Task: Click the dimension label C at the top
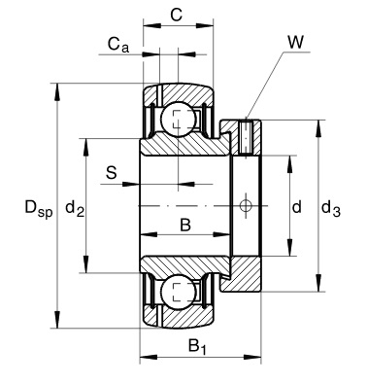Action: (176, 15)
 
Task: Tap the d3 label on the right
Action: (330, 206)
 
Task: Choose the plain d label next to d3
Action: (296, 206)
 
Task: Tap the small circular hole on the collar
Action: (246, 205)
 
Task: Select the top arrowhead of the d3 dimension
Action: (317, 123)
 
